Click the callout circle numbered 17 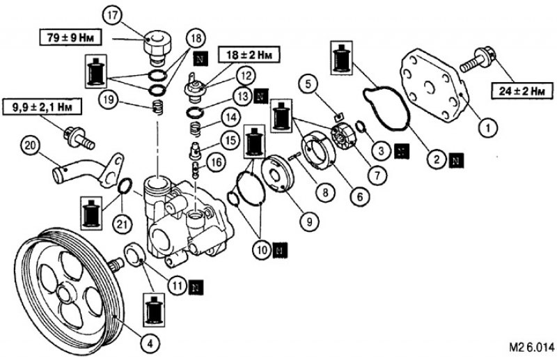click(x=113, y=16)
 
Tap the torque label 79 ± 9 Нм click(x=71, y=38)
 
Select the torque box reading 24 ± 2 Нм click(x=521, y=91)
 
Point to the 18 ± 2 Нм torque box click(x=248, y=54)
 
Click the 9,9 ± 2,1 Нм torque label click(x=42, y=107)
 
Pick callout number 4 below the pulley click(x=150, y=344)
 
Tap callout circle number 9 click(x=308, y=221)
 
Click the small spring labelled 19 click(x=158, y=107)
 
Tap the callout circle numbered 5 click(x=308, y=84)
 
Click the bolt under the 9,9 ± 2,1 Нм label click(x=80, y=138)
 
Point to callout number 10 click(x=262, y=250)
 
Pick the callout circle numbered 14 click(x=231, y=118)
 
